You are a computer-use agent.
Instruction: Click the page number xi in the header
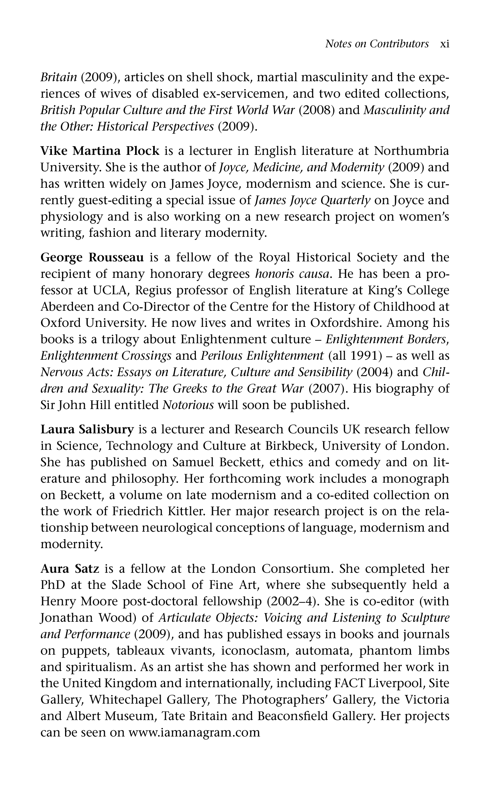444,44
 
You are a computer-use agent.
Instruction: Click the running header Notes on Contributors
377,44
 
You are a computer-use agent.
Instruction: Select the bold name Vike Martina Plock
100,151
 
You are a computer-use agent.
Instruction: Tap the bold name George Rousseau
92,257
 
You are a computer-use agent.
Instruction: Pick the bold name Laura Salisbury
87,429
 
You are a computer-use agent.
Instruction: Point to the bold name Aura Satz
70,568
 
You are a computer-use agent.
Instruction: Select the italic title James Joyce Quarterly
313,200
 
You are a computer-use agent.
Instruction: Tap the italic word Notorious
188,405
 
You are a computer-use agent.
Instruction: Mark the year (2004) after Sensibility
374,372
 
